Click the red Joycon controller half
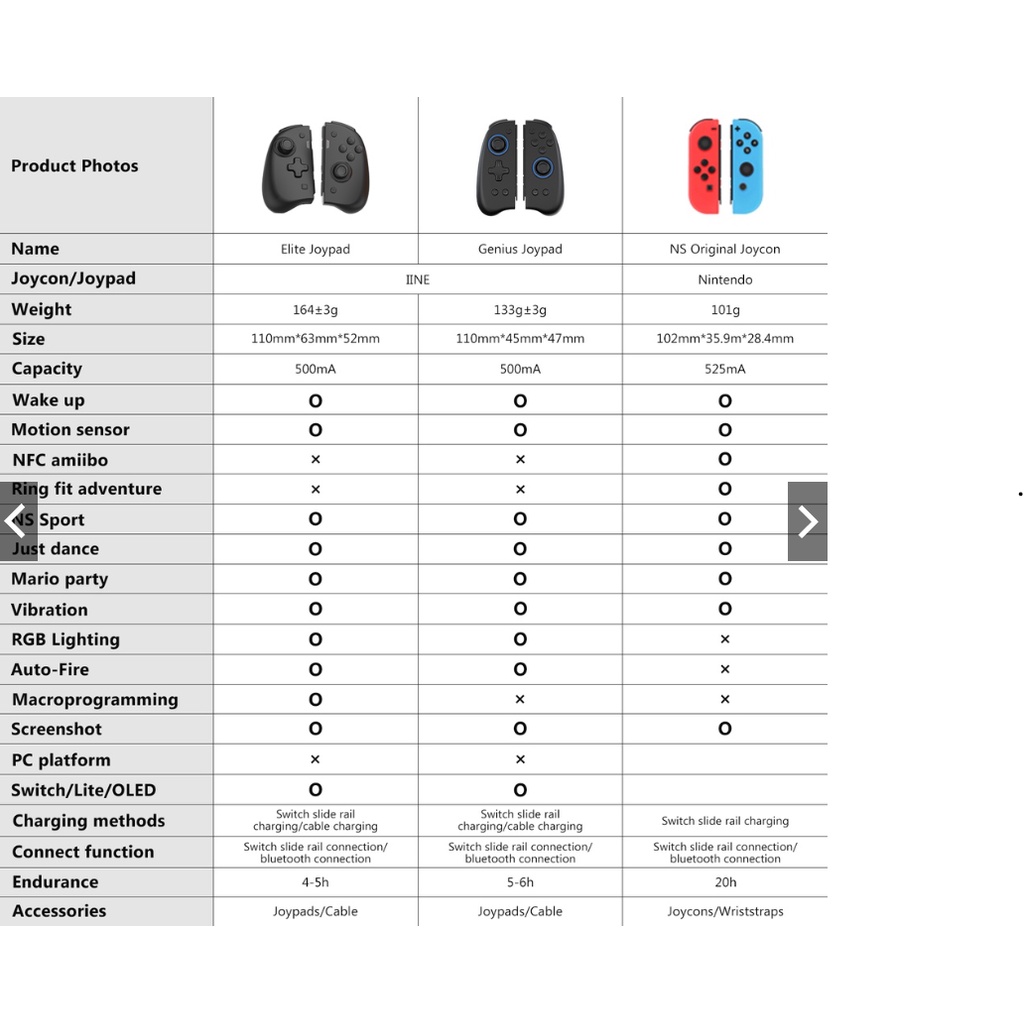[x=705, y=166]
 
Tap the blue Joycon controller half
[x=746, y=166]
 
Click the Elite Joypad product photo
[x=315, y=167]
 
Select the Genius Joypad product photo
[x=520, y=167]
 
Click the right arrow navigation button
[x=807, y=521]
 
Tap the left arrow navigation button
[x=17, y=521]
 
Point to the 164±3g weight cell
[x=315, y=310]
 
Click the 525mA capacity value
[x=725, y=369]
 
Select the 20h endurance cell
[x=725, y=882]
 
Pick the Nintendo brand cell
[x=725, y=280]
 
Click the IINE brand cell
[x=418, y=280]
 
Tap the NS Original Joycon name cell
[x=725, y=249]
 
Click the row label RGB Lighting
[x=65, y=640]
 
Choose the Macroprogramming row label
[x=94, y=700]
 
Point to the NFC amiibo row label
[x=59, y=460]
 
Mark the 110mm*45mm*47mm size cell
[x=520, y=339]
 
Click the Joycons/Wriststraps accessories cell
[x=725, y=912]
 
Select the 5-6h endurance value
[x=520, y=882]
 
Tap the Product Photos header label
[x=75, y=166]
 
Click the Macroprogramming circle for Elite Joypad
[x=315, y=700]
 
